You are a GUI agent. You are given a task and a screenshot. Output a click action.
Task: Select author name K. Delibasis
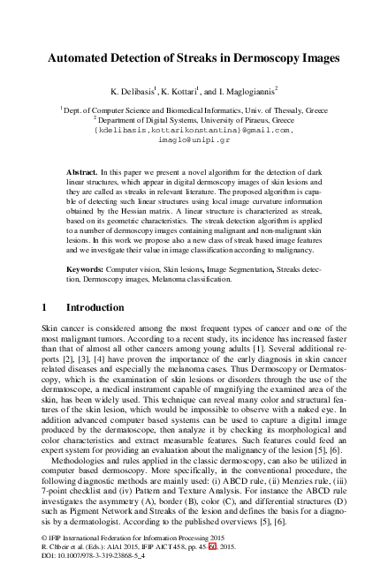click(133, 90)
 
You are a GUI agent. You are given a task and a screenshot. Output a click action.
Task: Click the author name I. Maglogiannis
click(245, 90)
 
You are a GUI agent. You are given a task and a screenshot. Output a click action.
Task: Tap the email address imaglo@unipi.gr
click(193, 139)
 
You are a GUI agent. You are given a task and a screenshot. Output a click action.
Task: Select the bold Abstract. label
click(85, 168)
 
